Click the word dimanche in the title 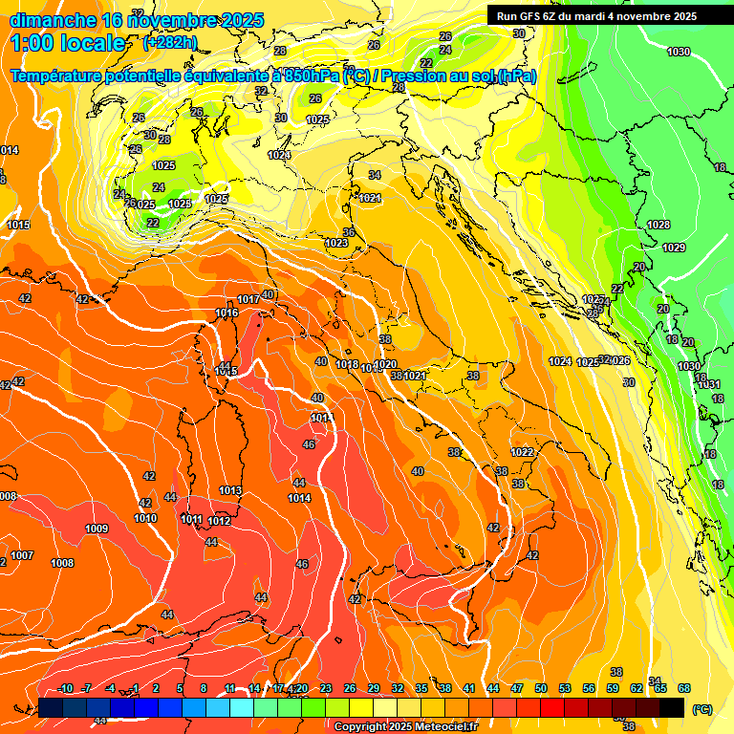coord(51,20)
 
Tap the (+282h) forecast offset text coord(170,42)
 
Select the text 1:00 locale coord(68,43)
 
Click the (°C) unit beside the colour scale coord(702,708)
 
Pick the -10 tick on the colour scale coord(66,688)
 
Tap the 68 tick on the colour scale coord(684,688)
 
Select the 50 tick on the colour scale coord(541,688)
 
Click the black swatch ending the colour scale coord(672,707)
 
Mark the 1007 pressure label coord(22,555)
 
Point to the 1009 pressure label coord(97,529)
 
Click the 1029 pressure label coord(674,248)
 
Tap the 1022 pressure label coord(522,452)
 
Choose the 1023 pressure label coord(336,244)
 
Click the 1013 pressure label coord(230,490)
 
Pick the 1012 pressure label coord(220,521)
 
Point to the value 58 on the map coord(385,339)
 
